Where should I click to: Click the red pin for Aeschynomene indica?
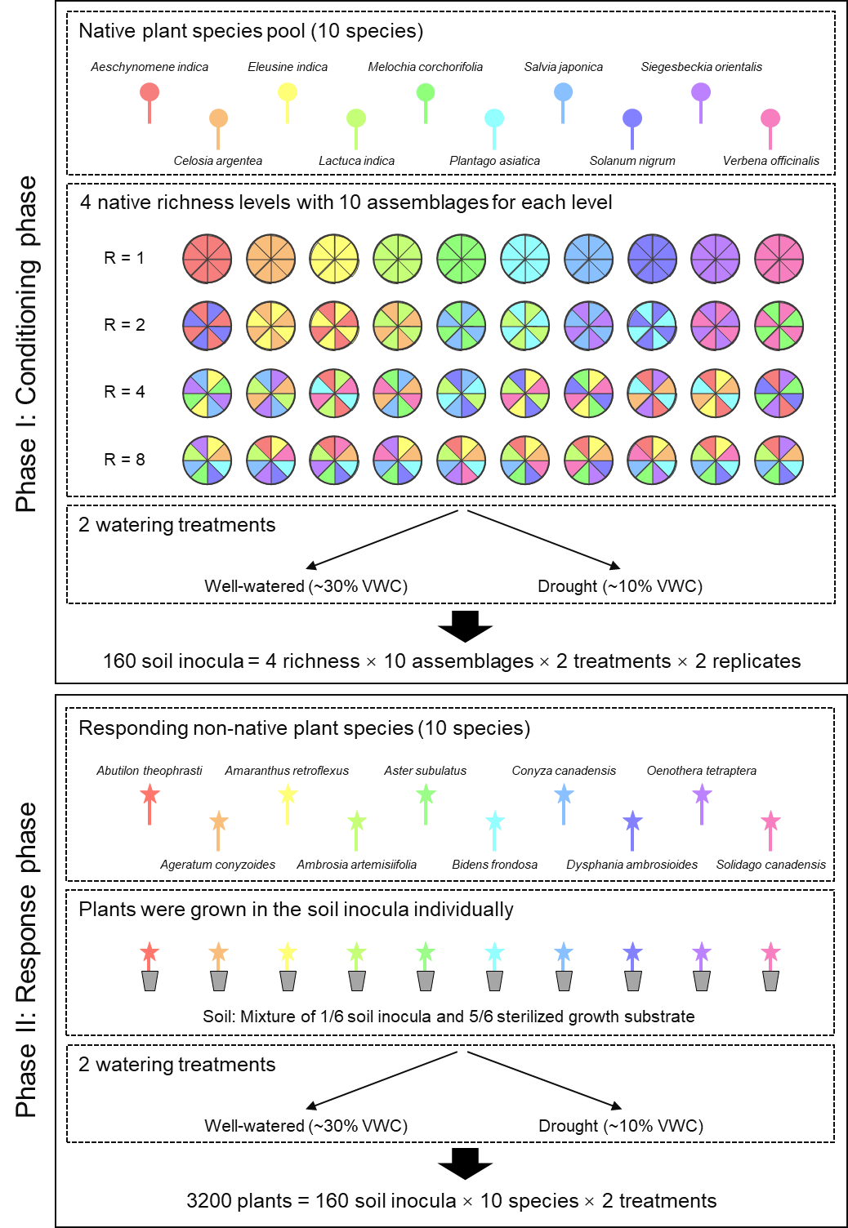pyautogui.click(x=150, y=93)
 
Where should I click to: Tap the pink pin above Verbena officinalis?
pyautogui.click(x=770, y=119)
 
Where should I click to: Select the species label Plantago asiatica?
pyautogui.click(x=494, y=161)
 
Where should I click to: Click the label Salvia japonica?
pyautogui.click(x=563, y=67)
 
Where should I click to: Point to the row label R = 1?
pyautogui.click(x=124, y=258)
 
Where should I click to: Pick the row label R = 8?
pyautogui.click(x=124, y=460)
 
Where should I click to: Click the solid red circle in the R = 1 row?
pyautogui.click(x=207, y=258)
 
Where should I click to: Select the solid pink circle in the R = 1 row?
pyautogui.click(x=779, y=258)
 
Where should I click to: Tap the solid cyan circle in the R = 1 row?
pyautogui.click(x=524, y=258)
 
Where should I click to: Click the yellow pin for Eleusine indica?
pyautogui.click(x=288, y=93)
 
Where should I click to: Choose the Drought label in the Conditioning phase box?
pyautogui.click(x=619, y=586)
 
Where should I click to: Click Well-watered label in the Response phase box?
pyautogui.click(x=306, y=1126)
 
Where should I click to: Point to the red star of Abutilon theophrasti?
pyautogui.click(x=150, y=794)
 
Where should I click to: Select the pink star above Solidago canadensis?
pyautogui.click(x=770, y=821)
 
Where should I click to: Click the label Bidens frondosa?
pyautogui.click(x=494, y=865)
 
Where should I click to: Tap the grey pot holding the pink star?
pyautogui.click(x=770, y=981)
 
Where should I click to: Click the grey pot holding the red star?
pyautogui.click(x=150, y=981)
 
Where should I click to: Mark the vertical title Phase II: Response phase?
pyautogui.click(x=26, y=960)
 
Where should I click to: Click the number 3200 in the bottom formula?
pyautogui.click(x=209, y=1201)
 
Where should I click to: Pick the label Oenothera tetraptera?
pyautogui.click(x=701, y=771)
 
